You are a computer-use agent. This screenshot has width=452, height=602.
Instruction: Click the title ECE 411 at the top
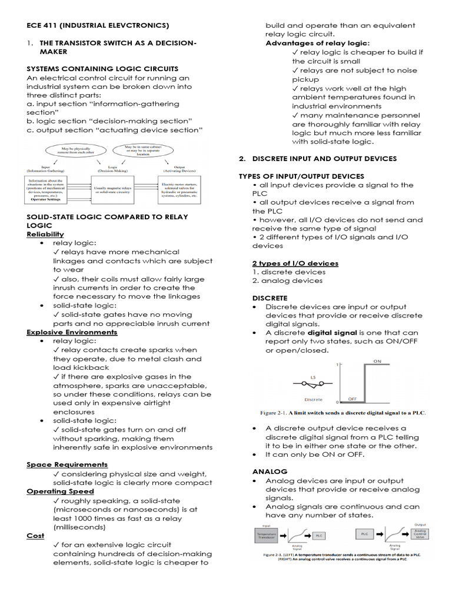98,25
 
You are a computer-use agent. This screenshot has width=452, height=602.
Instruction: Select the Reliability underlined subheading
45,234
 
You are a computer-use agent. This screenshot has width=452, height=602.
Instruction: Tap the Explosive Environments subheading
72,332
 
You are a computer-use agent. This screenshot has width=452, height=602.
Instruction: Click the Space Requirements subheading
67,464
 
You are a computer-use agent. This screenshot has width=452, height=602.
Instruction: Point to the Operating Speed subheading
60,491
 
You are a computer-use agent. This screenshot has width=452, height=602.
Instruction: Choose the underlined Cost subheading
35,536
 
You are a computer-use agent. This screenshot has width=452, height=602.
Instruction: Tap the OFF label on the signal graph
353,399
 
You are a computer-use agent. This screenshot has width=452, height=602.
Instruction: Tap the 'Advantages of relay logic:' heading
317,44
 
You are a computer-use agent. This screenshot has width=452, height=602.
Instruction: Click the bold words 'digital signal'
336,333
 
